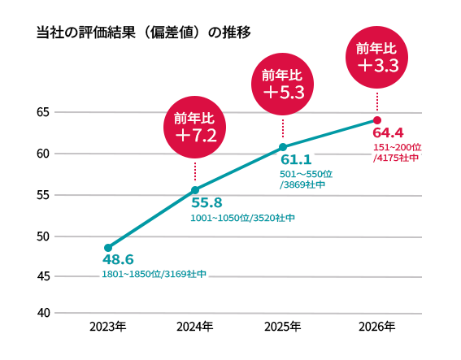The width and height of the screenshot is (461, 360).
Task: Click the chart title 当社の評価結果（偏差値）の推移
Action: pyautogui.click(x=143, y=33)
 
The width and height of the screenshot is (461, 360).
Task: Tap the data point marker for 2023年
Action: pyautogui.click(x=108, y=247)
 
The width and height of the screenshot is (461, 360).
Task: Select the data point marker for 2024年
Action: pyautogui.click(x=195, y=190)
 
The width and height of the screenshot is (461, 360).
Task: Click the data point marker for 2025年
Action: pyautogui.click(x=283, y=147)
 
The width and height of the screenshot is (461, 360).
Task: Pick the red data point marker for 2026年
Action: pyautogui.click(x=376, y=120)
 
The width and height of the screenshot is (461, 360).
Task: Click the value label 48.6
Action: pyautogui.click(x=118, y=260)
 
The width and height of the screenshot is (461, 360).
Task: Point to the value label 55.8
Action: pyautogui.click(x=207, y=203)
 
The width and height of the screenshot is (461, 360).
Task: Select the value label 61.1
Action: pyautogui.click(x=296, y=160)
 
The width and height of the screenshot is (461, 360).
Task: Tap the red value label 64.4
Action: pyautogui.click(x=388, y=132)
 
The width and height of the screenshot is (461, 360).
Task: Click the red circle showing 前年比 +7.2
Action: pyautogui.click(x=195, y=126)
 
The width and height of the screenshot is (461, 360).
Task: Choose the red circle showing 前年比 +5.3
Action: pyautogui.click(x=283, y=84)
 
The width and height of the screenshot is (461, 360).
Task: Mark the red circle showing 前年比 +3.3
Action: pyautogui.click(x=376, y=57)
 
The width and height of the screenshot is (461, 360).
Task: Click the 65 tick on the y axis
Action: pyautogui.click(x=43, y=111)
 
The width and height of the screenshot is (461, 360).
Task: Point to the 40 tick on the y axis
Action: pyautogui.click(x=43, y=313)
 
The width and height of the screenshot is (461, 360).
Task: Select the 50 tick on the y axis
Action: pyautogui.click(x=43, y=236)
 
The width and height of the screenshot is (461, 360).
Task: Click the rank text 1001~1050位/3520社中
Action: pyautogui.click(x=242, y=218)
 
